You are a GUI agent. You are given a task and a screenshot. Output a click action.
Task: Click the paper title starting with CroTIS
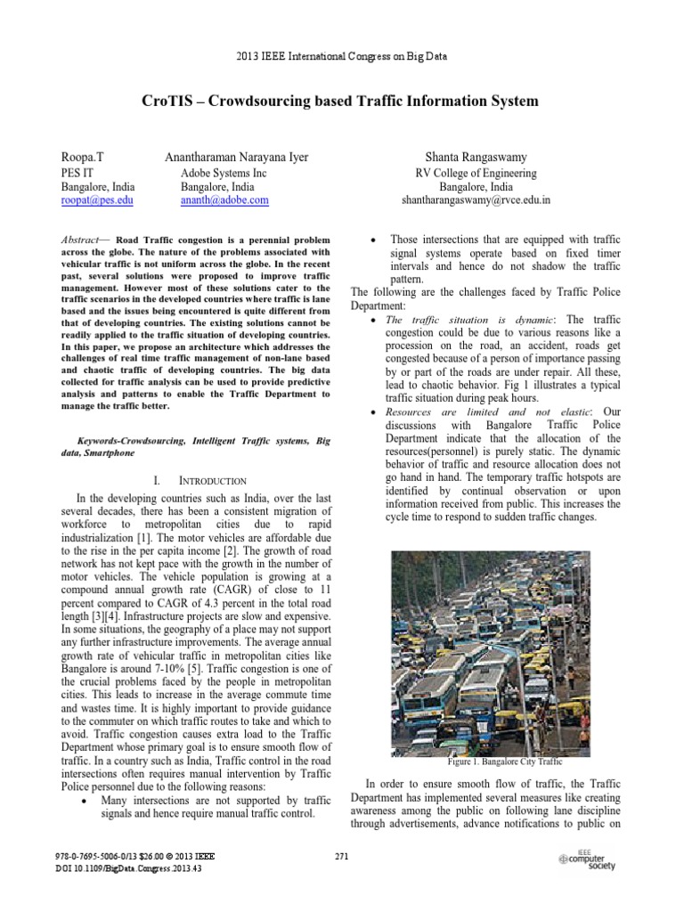(x=341, y=102)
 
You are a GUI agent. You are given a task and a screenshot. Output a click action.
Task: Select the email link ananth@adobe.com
(x=224, y=201)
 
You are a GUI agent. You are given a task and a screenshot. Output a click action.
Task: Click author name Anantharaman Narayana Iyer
(x=237, y=158)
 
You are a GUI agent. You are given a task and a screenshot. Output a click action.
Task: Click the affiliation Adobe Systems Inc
(x=224, y=173)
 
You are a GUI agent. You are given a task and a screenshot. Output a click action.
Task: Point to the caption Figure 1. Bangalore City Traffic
(x=504, y=762)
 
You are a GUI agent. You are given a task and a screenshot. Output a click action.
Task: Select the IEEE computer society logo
(x=583, y=859)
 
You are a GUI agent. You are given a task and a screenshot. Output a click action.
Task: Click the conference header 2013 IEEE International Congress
(x=341, y=56)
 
